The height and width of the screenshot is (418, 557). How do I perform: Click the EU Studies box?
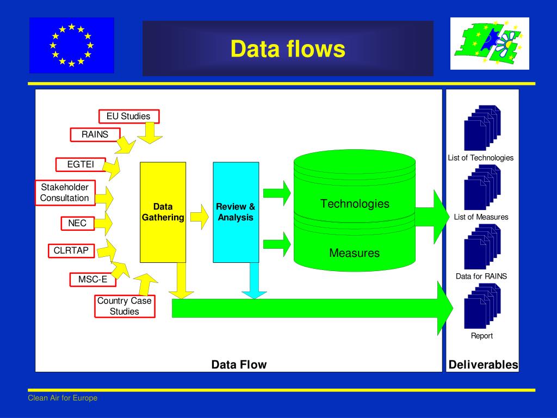coord(128,116)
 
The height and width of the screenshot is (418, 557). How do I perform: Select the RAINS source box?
coord(95,134)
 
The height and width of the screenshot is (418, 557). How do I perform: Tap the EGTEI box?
coord(81,164)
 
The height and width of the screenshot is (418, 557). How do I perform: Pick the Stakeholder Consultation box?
coord(65,193)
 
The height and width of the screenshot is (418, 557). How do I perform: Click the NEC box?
coord(77,223)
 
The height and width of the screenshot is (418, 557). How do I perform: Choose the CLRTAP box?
coord(71,251)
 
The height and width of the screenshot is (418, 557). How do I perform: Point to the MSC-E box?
coord(89,280)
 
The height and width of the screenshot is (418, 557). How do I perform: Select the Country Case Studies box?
coord(125,306)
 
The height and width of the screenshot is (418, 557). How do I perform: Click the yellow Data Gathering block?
coord(163,212)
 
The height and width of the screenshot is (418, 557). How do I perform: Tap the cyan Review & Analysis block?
coord(236,212)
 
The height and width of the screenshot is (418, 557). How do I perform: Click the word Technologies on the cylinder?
coord(355,204)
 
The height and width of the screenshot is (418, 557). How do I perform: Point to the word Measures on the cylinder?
coord(354,253)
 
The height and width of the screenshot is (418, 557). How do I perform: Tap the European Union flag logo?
coord(72,45)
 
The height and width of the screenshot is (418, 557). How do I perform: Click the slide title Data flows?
coord(288,49)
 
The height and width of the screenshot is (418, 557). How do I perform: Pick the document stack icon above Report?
coord(482,306)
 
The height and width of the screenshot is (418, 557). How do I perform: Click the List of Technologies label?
coord(480,158)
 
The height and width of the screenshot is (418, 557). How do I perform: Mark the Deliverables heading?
coord(483,365)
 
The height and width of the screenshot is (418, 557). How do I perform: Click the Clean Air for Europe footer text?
coord(63,398)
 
